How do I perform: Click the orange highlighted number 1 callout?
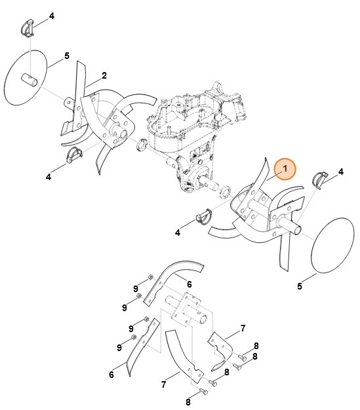(285, 170)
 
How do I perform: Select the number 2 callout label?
(104, 75)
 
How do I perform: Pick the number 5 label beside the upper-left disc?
(66, 57)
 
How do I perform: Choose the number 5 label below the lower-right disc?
(300, 286)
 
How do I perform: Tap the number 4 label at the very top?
(52, 15)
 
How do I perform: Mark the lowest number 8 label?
(188, 401)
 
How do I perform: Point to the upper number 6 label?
(189, 284)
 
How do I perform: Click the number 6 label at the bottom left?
(111, 375)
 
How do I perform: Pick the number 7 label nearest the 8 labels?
(242, 327)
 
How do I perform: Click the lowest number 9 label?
(119, 347)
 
